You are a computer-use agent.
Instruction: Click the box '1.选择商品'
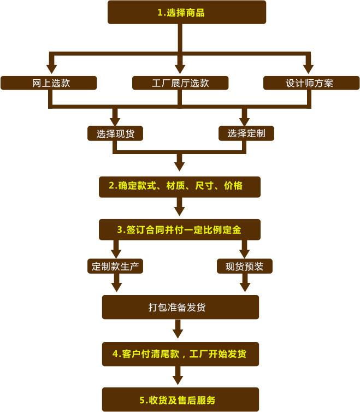[x=187, y=12]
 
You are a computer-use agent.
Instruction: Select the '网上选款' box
[x=49, y=83]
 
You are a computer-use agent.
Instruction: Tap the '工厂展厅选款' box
[x=180, y=83]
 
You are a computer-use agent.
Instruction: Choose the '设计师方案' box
[x=311, y=83]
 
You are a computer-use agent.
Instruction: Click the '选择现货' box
[x=115, y=133]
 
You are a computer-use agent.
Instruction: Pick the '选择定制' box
[x=246, y=133]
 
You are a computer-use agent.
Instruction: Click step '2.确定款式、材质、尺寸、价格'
[x=180, y=187]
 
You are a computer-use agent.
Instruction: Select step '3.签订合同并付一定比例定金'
[x=180, y=229]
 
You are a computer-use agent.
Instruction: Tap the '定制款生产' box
[x=115, y=267]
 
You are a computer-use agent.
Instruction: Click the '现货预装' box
[x=245, y=267]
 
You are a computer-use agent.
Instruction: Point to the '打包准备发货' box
[x=180, y=307]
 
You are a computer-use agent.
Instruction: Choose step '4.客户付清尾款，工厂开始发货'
[x=180, y=354]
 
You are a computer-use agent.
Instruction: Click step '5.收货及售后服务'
[x=180, y=399]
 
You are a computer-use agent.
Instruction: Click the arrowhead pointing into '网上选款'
[x=51, y=69]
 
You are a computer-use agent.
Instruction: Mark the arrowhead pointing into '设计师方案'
[x=308, y=69]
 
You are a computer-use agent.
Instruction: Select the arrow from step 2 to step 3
[x=180, y=207]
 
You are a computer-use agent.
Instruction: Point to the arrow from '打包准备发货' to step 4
[x=178, y=329]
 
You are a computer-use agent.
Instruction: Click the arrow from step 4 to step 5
[x=178, y=375]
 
